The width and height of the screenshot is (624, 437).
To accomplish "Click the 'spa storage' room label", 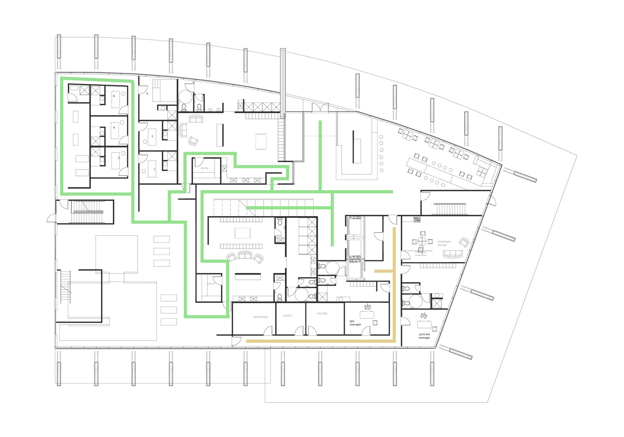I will pos(260,317).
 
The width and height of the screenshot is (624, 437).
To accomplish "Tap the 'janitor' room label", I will pos(287,316).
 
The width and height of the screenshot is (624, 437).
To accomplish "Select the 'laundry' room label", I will pos(323,313).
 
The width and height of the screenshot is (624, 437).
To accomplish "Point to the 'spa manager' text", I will pos(355,323).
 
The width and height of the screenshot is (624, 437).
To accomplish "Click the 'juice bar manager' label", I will pos(424,336).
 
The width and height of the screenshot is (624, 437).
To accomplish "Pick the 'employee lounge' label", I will pos(444,243).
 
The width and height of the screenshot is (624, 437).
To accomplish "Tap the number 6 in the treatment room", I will pos(114,96).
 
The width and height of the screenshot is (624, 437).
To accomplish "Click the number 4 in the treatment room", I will pos(114,128).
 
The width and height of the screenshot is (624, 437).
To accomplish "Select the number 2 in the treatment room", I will pos(119,158).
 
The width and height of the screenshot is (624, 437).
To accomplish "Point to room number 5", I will pos(147,94).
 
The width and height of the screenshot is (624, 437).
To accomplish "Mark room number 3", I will pos(152,136).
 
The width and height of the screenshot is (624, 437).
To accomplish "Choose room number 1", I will pos(154,169).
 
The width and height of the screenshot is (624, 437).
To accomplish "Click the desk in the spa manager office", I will pos(367,314).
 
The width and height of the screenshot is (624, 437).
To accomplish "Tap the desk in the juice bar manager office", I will pos(424,324).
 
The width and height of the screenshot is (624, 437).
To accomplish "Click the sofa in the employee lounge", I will pos(452,254).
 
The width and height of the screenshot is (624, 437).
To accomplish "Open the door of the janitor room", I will pos(299,331).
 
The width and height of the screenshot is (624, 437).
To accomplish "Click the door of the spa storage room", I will pos(268,331).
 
